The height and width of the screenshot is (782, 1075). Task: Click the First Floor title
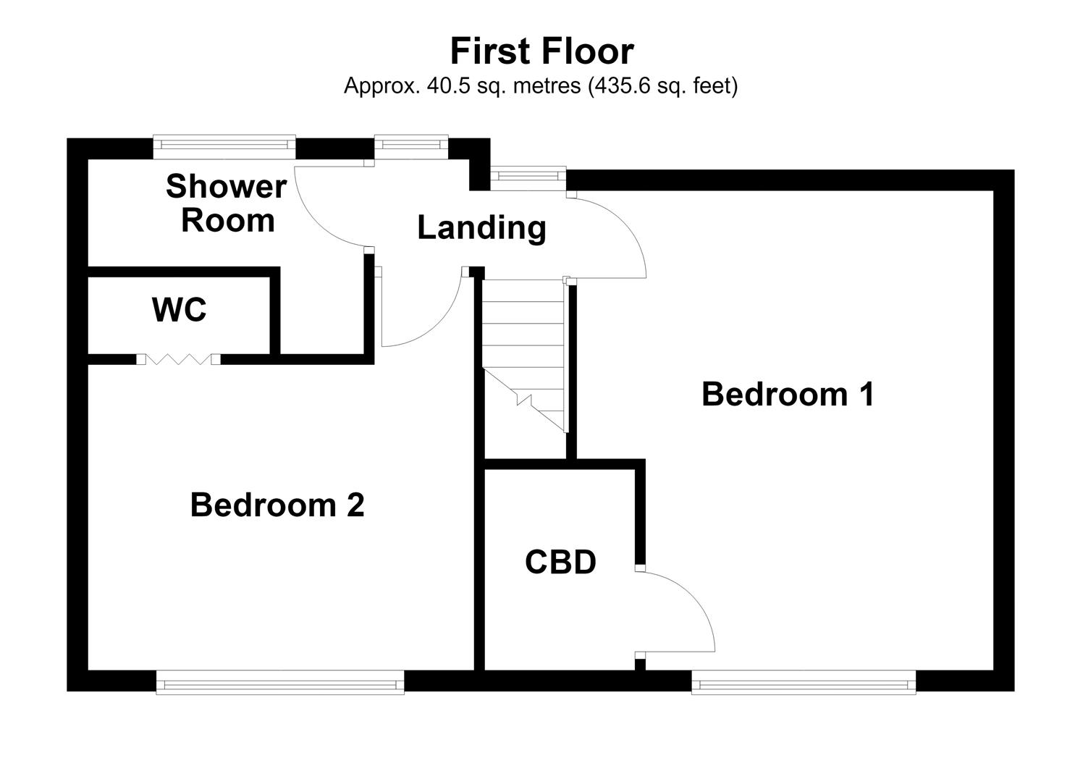tap(541, 51)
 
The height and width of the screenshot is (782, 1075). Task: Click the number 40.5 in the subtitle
tap(449, 86)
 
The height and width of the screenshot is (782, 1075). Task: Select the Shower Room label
tap(227, 203)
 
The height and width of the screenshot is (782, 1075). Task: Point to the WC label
tap(179, 310)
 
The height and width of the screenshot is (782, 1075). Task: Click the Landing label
tap(482, 228)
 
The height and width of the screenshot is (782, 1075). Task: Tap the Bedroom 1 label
tap(788, 394)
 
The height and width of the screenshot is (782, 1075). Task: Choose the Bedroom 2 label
tap(277, 505)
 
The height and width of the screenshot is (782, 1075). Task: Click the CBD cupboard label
tap(560, 562)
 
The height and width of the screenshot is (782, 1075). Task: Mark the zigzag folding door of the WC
tap(179, 359)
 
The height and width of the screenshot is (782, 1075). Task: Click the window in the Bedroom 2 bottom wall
tap(280, 682)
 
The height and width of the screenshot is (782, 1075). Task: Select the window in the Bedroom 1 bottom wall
tap(804, 682)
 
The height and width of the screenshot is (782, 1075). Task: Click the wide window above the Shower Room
tap(224, 146)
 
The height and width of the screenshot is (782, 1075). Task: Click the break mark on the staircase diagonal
tap(524, 400)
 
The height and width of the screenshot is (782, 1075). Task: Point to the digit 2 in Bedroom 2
tap(355, 505)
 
